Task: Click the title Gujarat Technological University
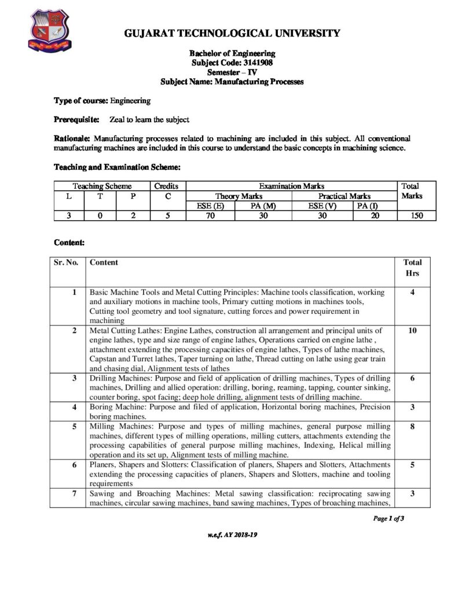click(x=232, y=34)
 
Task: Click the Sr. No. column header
click(x=66, y=262)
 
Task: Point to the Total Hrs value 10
click(x=412, y=331)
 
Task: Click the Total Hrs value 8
click(x=412, y=426)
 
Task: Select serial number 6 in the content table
click(x=74, y=464)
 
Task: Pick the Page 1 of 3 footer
click(x=389, y=518)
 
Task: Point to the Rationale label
click(x=72, y=138)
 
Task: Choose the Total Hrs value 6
click(x=412, y=378)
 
